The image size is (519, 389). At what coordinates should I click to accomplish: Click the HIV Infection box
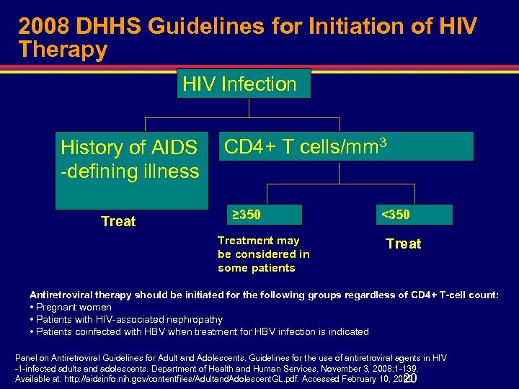click(x=244, y=84)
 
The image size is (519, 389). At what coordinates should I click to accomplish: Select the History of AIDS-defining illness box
click(x=129, y=159)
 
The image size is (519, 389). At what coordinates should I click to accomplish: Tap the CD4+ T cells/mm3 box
click(x=346, y=146)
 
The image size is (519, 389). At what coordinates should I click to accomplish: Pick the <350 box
click(x=414, y=215)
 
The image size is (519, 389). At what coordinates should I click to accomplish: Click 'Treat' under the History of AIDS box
click(x=118, y=222)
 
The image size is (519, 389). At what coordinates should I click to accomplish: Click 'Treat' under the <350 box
click(x=404, y=243)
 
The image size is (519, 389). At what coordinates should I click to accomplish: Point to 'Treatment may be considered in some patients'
click(x=263, y=254)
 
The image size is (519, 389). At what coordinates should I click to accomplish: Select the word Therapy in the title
click(x=63, y=50)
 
